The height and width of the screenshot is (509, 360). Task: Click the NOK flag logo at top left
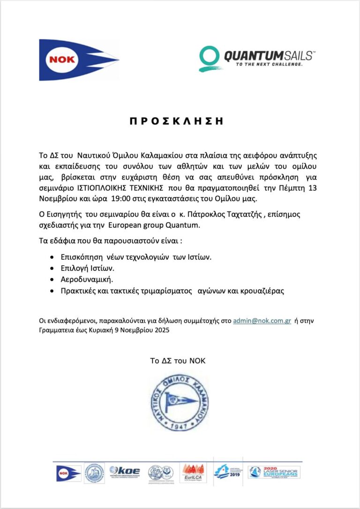click(x=77, y=60)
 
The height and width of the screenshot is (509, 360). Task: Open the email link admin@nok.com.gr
click(x=262, y=321)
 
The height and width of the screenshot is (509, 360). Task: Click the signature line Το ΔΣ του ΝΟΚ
click(x=178, y=361)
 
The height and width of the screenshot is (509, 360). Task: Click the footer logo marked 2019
click(x=228, y=471)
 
